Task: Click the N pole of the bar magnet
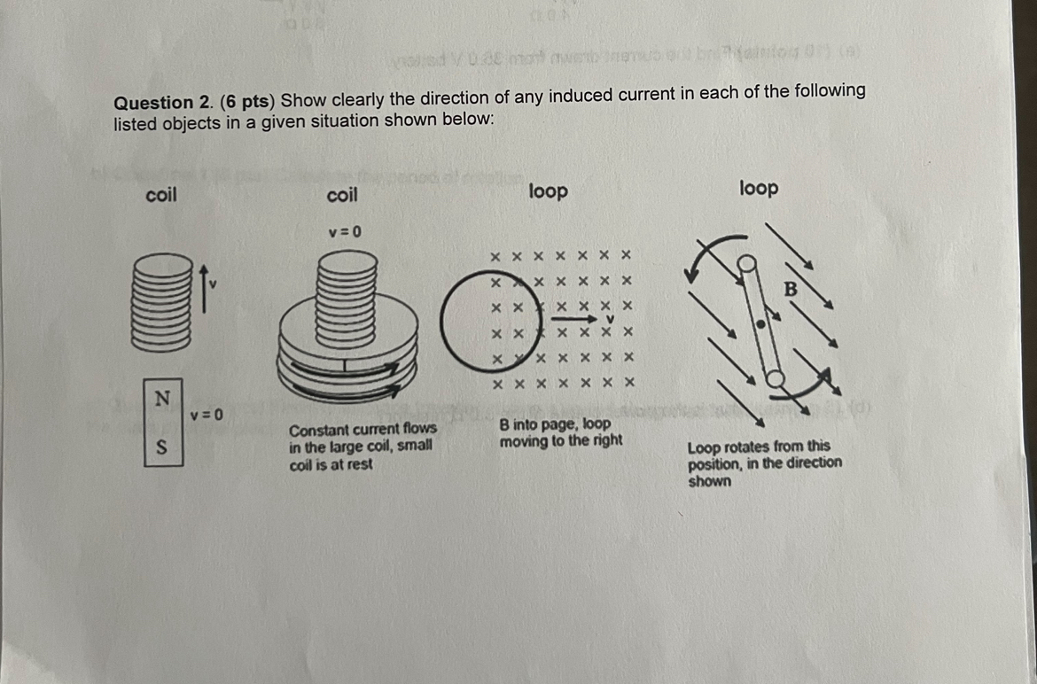pos(161,399)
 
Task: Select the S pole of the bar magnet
pos(161,447)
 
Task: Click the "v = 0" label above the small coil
pos(344,232)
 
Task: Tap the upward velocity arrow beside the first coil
pos(204,285)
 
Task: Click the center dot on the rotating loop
pos(760,324)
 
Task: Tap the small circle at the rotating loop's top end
pos(746,262)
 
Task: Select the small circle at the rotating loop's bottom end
pos(776,379)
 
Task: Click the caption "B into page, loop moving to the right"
pos(560,432)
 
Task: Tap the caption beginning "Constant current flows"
pos(363,446)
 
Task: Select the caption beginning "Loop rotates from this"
pos(764,463)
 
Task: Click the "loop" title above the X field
pos(548,191)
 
